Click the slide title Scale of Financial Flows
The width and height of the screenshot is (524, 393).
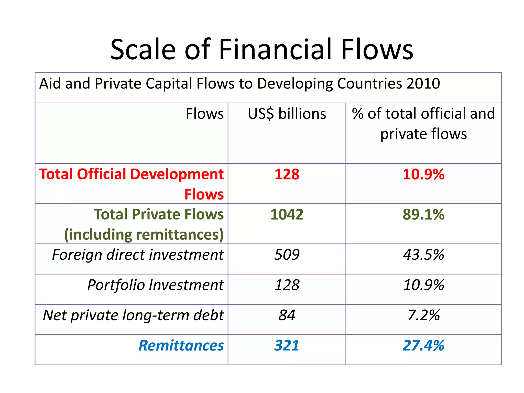click(262, 49)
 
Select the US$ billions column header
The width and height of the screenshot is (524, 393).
click(287, 114)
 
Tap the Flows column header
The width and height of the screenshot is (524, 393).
click(204, 114)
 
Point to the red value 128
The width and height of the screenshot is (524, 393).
click(287, 174)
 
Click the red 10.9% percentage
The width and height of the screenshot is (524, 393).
click(423, 174)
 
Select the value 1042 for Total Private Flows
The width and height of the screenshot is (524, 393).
click(287, 214)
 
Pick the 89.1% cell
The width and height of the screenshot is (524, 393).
click(423, 214)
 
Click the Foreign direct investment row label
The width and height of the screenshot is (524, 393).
click(138, 255)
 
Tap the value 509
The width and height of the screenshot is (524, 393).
click(287, 255)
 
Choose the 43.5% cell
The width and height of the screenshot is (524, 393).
click(423, 255)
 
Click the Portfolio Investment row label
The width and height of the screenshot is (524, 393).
click(155, 285)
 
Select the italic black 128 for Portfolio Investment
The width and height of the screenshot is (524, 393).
click(287, 285)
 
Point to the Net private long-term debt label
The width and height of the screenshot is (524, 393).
click(133, 315)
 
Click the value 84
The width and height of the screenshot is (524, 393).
click(287, 315)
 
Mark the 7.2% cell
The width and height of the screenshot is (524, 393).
click(423, 315)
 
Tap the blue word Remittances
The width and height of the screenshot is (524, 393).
click(181, 346)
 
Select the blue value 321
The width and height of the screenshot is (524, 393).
click(287, 346)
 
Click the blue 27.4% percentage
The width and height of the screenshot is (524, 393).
click(423, 346)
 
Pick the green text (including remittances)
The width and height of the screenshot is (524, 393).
click(144, 235)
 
